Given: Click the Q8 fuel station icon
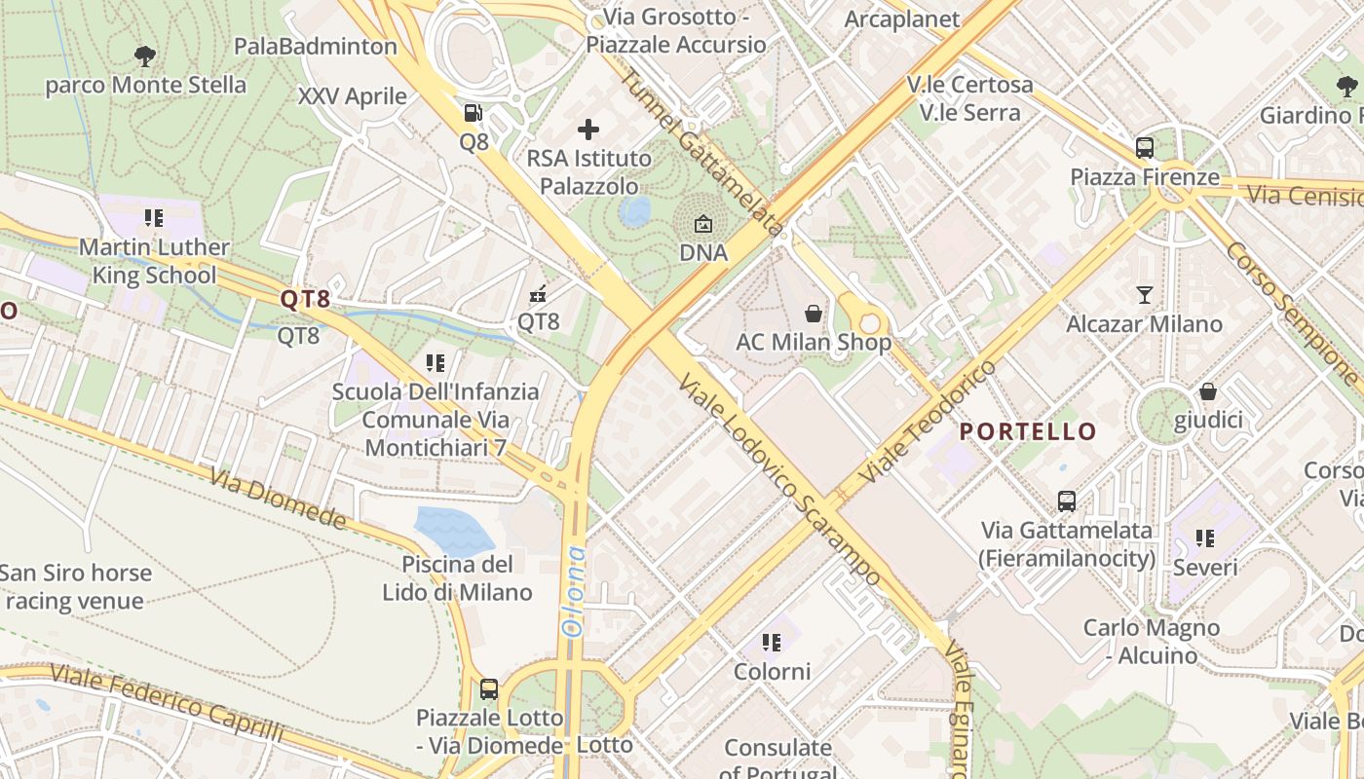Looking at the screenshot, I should tap(473, 114).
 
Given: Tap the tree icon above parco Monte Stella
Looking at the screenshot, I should tap(145, 56).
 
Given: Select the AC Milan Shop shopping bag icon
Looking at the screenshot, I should tap(813, 314).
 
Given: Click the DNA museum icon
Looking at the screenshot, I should tap(702, 224).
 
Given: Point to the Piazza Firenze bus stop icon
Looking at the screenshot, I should tap(1145, 148).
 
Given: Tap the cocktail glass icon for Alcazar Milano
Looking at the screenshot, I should tap(1145, 294).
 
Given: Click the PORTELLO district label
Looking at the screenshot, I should tap(1028, 431).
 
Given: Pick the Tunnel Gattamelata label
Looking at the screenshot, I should tap(701, 152).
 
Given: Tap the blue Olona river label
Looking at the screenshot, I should tap(576, 591).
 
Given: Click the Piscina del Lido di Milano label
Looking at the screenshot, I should tap(457, 578).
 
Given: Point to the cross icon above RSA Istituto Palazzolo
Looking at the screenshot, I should tap(588, 129).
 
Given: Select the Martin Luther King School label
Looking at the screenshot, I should tap(154, 261).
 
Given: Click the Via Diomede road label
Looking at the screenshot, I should tap(278, 499).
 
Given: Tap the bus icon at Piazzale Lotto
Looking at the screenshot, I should tap(489, 689).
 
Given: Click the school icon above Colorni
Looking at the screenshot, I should tap(772, 642).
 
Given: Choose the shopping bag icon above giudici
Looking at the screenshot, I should tap(1207, 391).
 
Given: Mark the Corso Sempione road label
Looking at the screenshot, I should tap(1291, 312).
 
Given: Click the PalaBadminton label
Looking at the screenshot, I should tap(316, 46).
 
